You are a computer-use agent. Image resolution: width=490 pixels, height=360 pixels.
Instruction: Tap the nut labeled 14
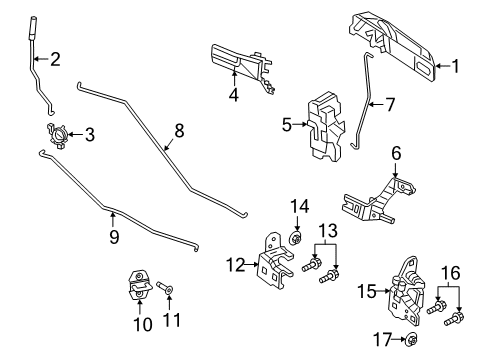tap(297, 240)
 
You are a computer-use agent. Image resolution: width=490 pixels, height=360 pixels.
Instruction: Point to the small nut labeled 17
tap(411, 339)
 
